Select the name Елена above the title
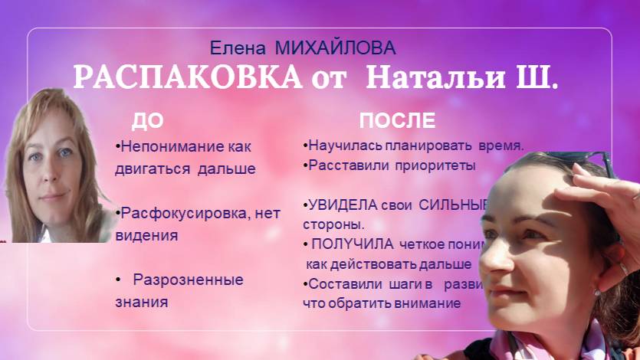[235, 49]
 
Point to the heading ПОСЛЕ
[397, 120]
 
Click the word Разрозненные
[188, 280]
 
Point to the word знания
[142, 301]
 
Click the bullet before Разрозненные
[119, 280]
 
